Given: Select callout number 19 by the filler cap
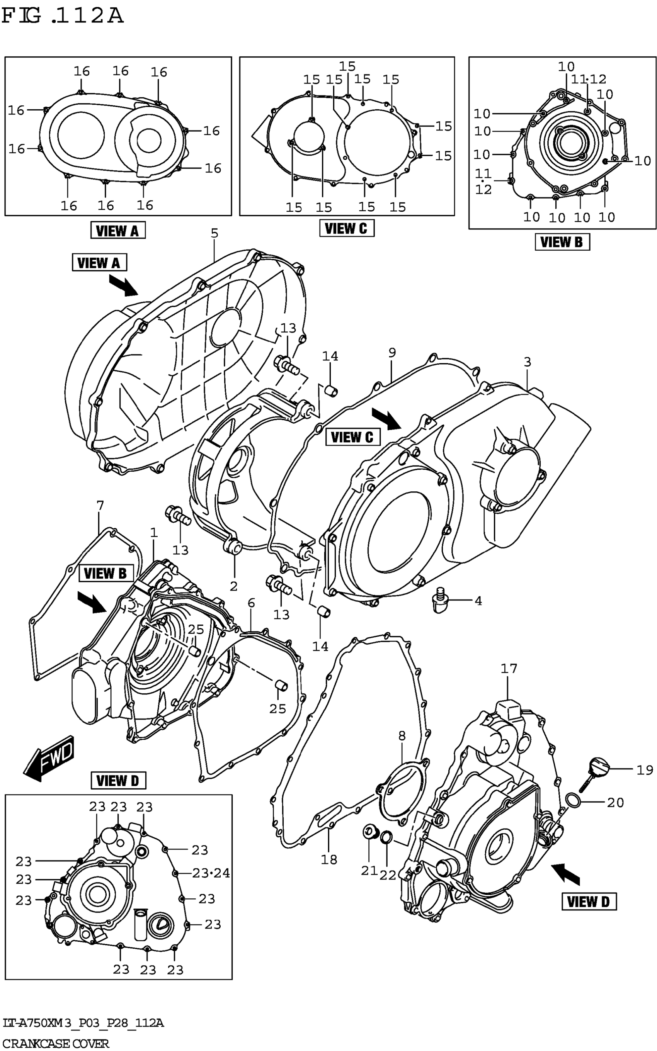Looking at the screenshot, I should (x=644, y=770).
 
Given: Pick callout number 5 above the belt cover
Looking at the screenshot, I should (x=214, y=234).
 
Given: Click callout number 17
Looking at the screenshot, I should (x=509, y=668).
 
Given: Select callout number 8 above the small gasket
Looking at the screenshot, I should (x=402, y=736).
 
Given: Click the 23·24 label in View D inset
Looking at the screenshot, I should (x=211, y=873).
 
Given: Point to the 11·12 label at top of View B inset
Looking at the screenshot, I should (x=588, y=79).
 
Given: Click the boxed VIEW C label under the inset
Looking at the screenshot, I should (x=346, y=228).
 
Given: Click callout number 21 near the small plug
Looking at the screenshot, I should (x=369, y=870).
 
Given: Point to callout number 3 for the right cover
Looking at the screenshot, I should (x=527, y=362).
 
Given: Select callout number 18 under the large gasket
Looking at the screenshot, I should (x=329, y=859).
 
